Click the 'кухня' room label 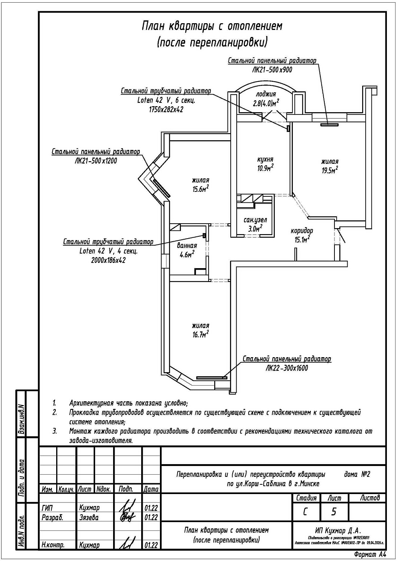tap(265, 159)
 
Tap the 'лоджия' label tap(266, 94)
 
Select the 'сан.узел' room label tap(255, 220)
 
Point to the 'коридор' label tap(302, 231)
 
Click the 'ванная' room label tap(187, 246)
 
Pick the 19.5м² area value tap(330, 171)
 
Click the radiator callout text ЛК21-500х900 tap(272, 70)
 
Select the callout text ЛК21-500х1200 tap(96, 161)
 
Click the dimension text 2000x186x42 tap(108, 260)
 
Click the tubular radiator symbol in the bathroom tap(204, 235)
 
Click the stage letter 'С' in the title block tap(305, 512)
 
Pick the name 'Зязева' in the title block tap(89, 518)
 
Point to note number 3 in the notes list tap(55, 431)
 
